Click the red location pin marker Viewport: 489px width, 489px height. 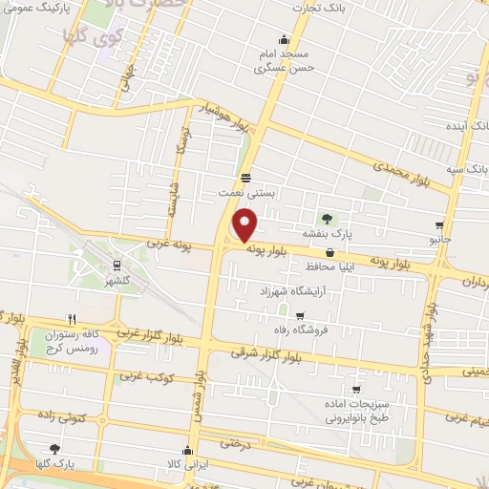245,224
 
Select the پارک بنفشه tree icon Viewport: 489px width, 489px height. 327,219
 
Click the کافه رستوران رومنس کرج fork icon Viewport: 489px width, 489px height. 72,320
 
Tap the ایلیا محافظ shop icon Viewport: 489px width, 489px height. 330,253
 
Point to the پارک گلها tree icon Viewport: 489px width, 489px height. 54,448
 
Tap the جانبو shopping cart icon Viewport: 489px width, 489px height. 439,226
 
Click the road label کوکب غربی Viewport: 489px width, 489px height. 151,375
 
